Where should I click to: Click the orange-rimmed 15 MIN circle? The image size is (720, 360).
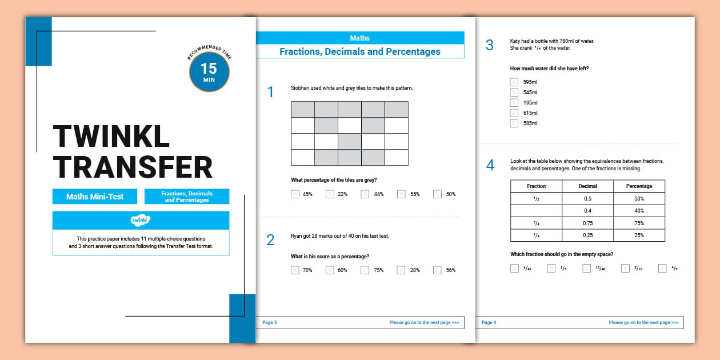209,72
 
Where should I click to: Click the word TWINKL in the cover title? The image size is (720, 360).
111,138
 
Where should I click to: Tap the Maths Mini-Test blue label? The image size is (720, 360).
95,197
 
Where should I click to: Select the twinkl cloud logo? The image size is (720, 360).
141,220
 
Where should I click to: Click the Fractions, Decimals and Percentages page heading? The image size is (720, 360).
359,51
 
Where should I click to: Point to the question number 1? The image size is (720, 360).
271,92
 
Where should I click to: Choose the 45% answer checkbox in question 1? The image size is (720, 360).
295,194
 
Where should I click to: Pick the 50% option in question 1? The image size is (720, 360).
438,194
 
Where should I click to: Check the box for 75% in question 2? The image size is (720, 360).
365,270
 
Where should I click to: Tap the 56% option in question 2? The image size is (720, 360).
438,270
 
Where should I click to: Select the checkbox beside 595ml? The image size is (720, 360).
514,82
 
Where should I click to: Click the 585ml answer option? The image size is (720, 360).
514,123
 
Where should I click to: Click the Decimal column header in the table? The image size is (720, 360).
587,186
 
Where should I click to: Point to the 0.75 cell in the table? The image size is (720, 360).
587,223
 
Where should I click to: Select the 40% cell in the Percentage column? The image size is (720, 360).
639,211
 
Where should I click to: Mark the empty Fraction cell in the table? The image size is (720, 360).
536,211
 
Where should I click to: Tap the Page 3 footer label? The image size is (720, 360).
270,323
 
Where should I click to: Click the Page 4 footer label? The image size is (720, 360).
489,323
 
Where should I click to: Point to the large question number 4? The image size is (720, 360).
490,166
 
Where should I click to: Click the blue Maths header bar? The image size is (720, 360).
359,38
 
